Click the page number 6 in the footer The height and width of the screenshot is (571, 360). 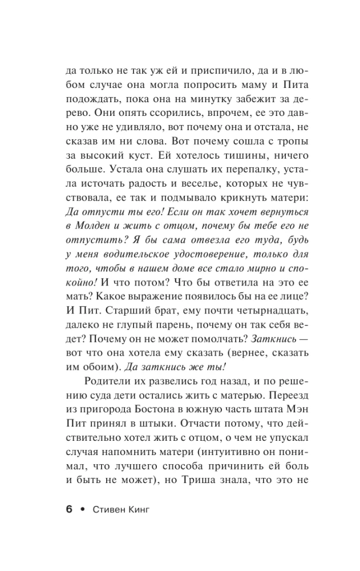[x=69, y=509]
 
